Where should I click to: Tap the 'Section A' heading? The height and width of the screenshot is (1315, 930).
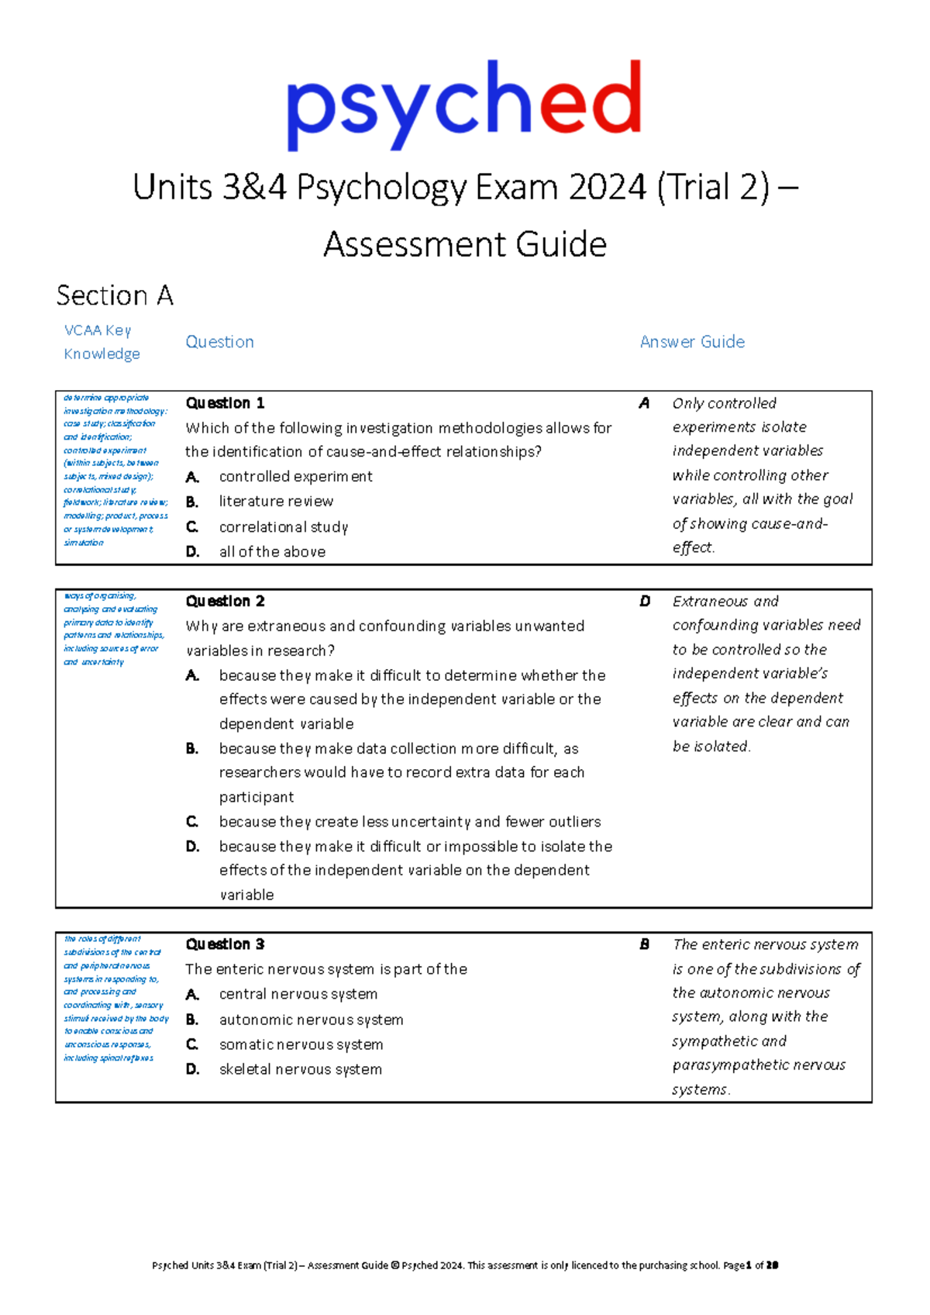(x=115, y=295)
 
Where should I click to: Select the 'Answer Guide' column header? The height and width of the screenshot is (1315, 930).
(x=692, y=342)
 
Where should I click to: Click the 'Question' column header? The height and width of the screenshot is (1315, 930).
(x=219, y=342)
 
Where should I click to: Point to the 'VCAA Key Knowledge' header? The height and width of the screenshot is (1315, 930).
(x=102, y=342)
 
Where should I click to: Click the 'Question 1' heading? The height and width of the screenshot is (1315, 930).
(x=225, y=403)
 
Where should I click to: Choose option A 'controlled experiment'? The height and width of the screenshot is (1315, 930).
(x=295, y=476)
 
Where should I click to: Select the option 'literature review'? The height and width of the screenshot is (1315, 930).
(x=276, y=502)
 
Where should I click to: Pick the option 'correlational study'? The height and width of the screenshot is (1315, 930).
(x=284, y=527)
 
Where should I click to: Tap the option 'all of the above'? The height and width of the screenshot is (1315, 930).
(x=272, y=552)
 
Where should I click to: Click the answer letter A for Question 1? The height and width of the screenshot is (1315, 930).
(x=644, y=403)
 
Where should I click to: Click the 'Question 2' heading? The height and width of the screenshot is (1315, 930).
(x=225, y=601)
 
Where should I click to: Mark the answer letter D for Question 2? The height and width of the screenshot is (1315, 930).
(x=645, y=601)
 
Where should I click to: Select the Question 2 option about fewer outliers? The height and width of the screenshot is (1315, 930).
(x=409, y=822)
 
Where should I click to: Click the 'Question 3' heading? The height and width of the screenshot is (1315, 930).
(x=225, y=944)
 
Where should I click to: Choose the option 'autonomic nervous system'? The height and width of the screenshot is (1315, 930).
(x=311, y=1020)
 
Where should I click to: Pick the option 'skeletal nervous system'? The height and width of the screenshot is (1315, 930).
(x=300, y=1069)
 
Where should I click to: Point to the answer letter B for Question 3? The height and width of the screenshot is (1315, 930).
(x=644, y=944)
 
